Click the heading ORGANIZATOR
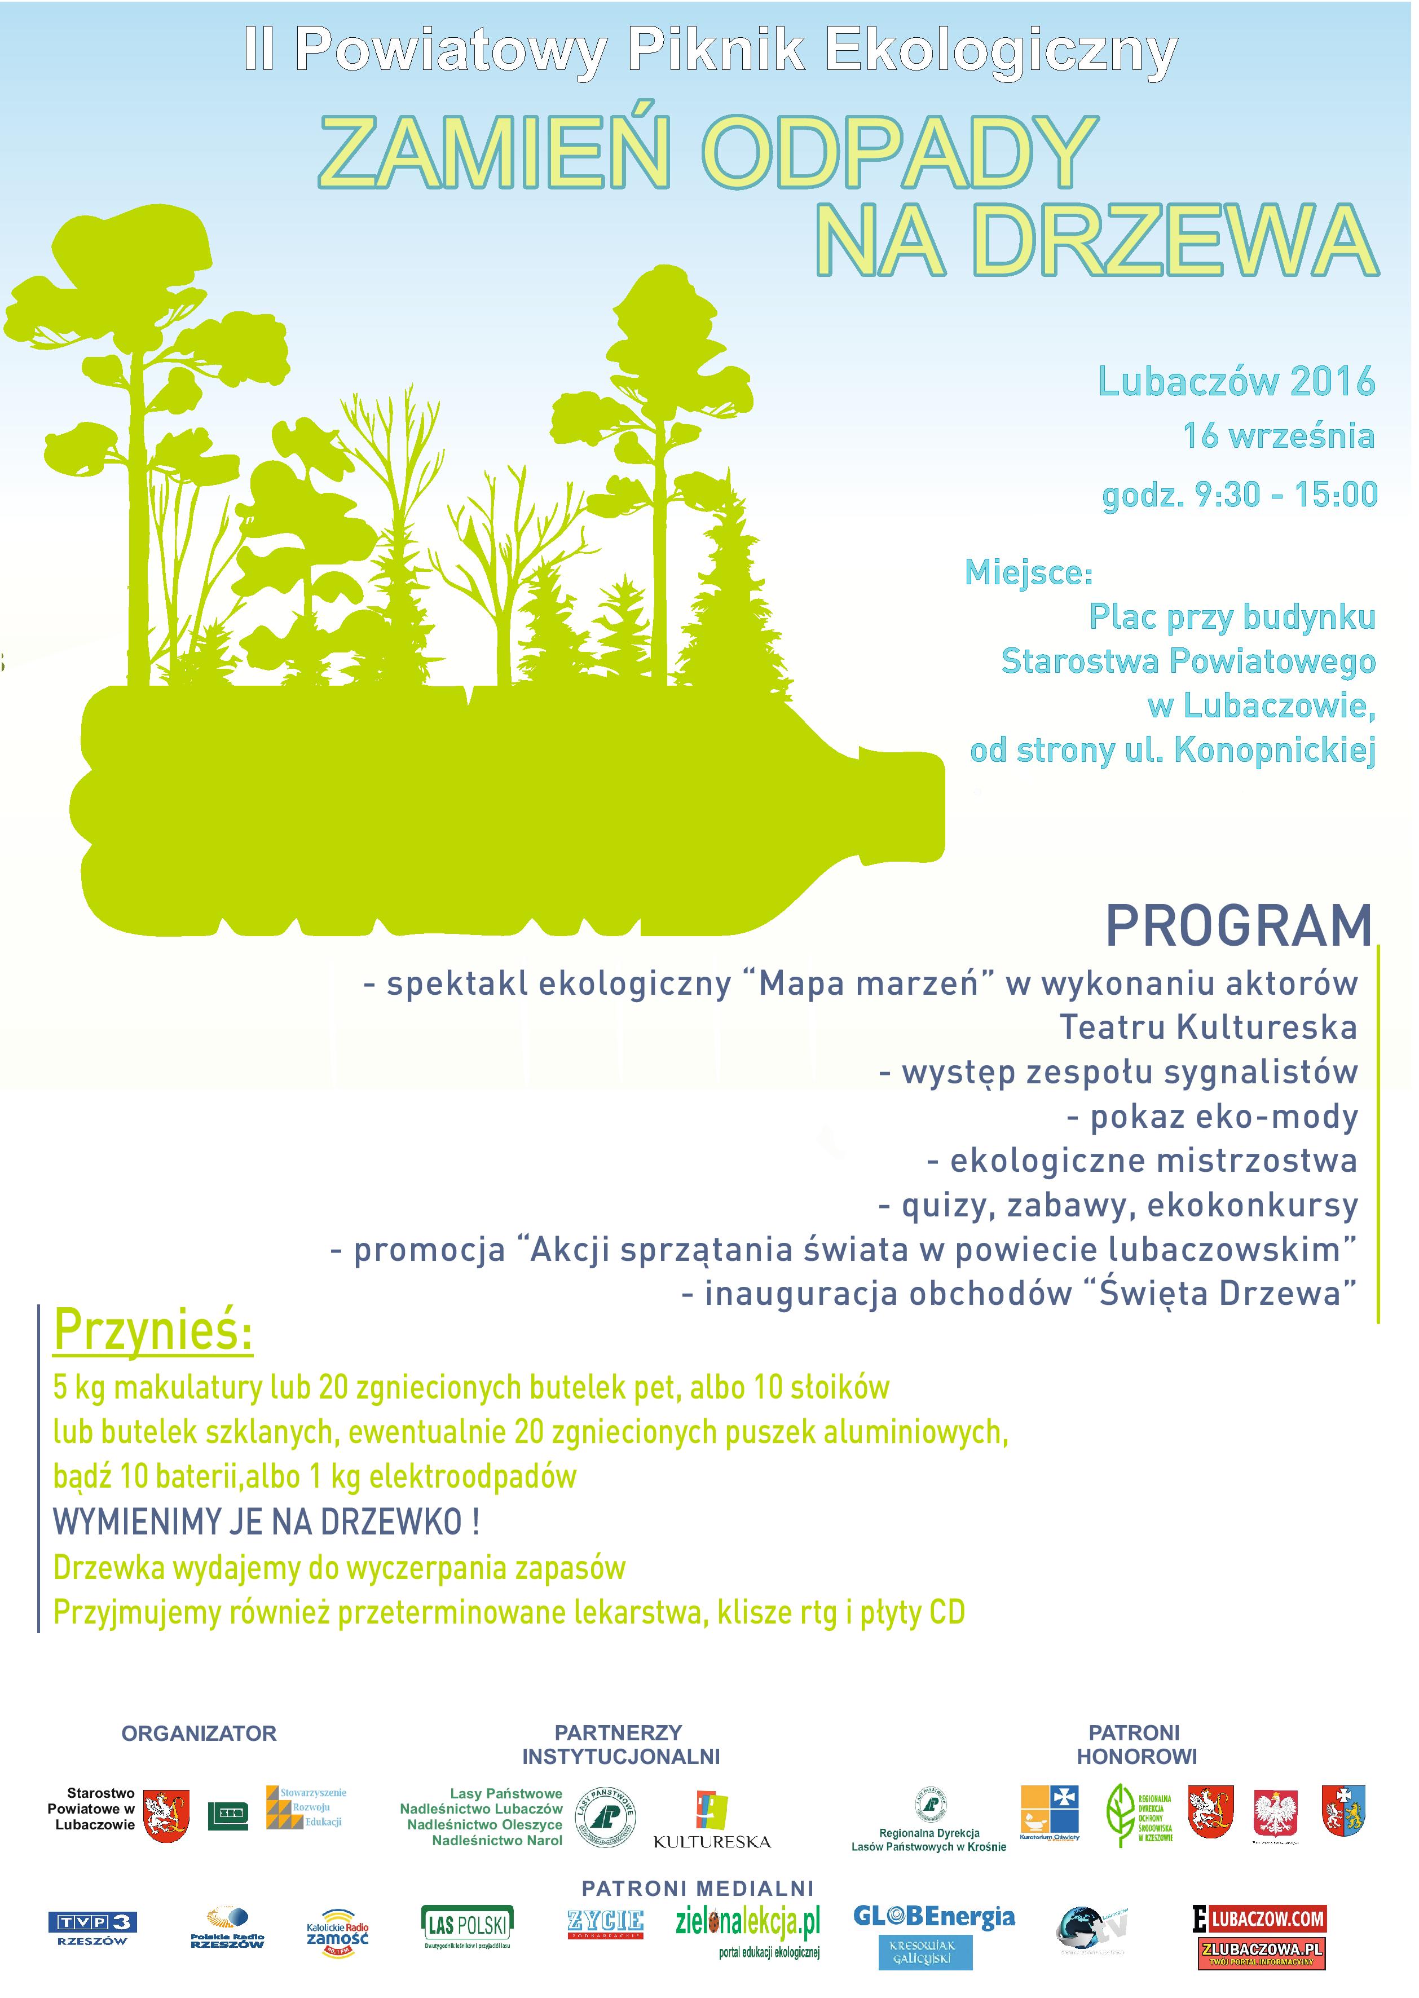click(199, 1734)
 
